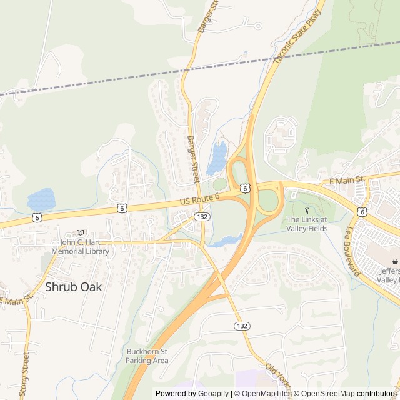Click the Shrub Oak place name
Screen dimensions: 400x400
[x=74, y=287]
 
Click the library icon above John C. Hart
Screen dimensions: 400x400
[x=79, y=232]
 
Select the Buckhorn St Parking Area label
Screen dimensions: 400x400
[x=147, y=356]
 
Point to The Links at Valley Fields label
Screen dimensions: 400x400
[x=307, y=224]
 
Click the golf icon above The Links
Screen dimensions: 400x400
[x=306, y=210]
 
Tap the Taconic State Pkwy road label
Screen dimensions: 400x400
[x=299, y=36]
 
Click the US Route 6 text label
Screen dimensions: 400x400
[x=200, y=199]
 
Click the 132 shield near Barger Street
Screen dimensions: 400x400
[x=201, y=216]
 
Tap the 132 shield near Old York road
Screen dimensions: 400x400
[x=243, y=326]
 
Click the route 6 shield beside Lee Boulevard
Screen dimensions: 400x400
[x=362, y=212]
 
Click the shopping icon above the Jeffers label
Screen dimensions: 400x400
[x=394, y=260]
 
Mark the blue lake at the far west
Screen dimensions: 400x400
[x=41, y=199]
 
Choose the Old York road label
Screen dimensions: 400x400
[x=278, y=376]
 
